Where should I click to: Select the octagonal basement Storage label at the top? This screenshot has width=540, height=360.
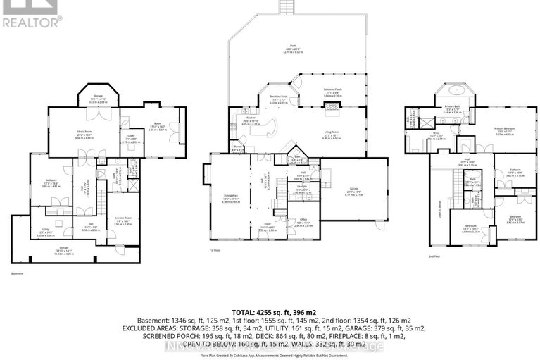(94, 99)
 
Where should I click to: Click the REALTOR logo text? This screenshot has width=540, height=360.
(32, 21)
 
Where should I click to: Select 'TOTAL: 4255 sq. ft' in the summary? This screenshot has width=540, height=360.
(270, 311)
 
